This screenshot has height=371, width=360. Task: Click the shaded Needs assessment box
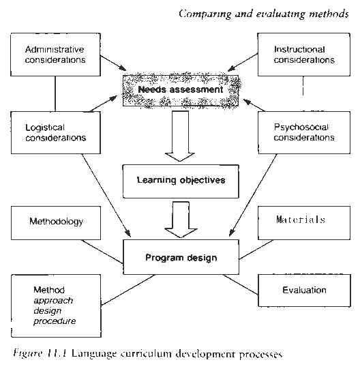[181, 91]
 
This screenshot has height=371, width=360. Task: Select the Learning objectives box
[181, 181]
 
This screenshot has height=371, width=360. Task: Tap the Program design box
[181, 257]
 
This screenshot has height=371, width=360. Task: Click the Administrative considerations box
[55, 55]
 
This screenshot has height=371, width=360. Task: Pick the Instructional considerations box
[304, 55]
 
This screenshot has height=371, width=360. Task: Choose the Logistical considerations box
[56, 132]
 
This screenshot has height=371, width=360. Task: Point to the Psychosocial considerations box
[304, 132]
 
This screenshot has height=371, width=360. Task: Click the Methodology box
[56, 223]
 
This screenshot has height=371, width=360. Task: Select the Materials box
[304, 223]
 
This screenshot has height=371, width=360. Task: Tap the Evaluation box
[304, 291]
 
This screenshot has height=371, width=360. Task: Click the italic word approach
[53, 301]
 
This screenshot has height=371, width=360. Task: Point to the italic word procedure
[55, 321]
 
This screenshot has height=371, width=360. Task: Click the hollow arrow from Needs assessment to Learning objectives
[180, 136]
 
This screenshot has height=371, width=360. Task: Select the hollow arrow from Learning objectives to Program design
[181, 220]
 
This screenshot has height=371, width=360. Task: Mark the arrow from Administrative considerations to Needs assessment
[113, 63]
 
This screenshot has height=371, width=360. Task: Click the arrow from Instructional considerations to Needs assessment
[243, 62]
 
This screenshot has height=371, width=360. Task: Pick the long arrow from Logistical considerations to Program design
[106, 196]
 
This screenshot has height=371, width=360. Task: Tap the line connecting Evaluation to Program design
[241, 285]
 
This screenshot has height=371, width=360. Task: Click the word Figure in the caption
[28, 353]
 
